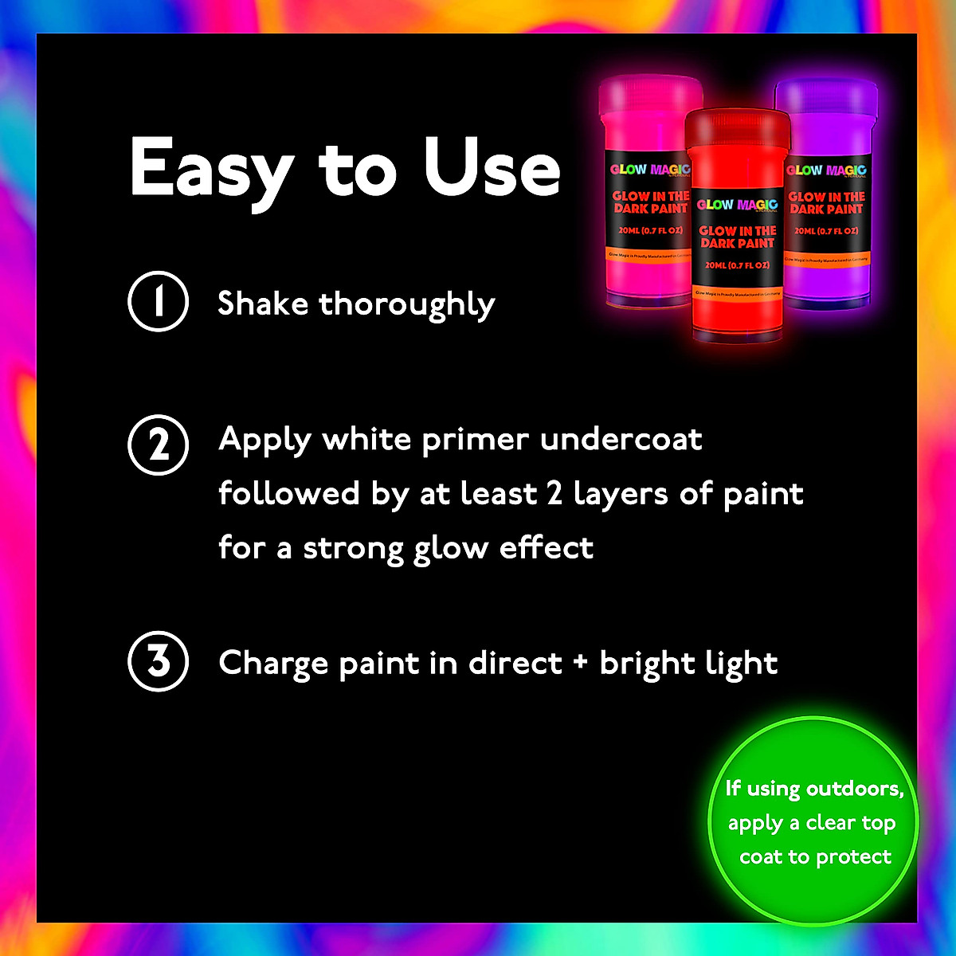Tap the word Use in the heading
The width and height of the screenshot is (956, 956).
pos(492,168)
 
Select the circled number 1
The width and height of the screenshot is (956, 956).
pos(159,302)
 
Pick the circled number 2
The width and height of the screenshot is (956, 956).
pos(159,445)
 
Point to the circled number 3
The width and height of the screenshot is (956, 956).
pos(159,661)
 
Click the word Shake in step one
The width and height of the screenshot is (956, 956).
pos(263,304)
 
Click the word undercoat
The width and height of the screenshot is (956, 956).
pos(621,439)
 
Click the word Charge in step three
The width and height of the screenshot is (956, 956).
pos(275,664)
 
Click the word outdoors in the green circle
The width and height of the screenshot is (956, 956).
pos(856,789)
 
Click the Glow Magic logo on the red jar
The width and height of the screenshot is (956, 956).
pos(737,205)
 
